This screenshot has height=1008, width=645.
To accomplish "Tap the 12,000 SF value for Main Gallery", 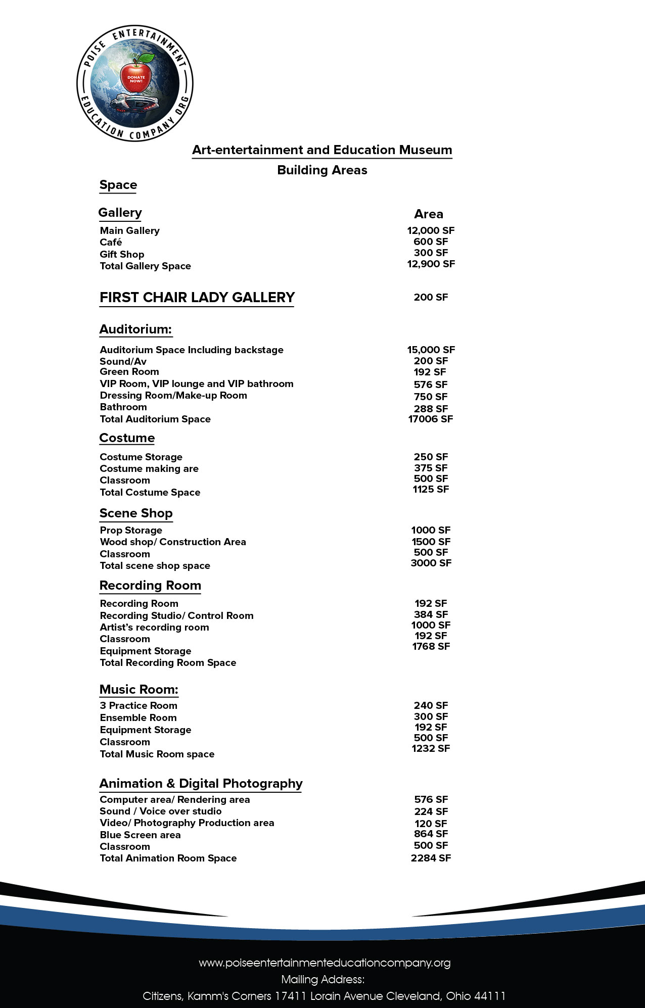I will point(431,230).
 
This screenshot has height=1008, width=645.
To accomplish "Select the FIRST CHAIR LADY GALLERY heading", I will point(197,298).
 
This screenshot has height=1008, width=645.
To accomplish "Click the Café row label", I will point(111,243).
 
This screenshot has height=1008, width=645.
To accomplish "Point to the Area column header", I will point(429,214).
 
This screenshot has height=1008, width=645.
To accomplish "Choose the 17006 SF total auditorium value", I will point(431,419).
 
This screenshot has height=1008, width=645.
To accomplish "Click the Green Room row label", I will point(129,372).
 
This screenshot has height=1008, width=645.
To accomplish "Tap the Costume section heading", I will point(127,438).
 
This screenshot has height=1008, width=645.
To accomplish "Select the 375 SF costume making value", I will point(431,468).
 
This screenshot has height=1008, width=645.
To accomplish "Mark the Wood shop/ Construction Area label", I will point(173,542).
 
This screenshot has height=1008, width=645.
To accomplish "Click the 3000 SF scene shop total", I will point(431,563).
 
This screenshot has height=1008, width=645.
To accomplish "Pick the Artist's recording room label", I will point(154,628).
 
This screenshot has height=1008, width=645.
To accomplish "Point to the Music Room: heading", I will point(139,690).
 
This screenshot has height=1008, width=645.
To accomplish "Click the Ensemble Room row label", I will point(138,718).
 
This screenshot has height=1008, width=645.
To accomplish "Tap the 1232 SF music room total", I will point(431,748).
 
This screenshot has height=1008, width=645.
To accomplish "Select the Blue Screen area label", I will point(140,835).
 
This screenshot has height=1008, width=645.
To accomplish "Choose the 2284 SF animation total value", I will point(431,858).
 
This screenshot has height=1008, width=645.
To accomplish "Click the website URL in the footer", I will point(325,963).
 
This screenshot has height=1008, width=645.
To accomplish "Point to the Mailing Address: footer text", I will point(322,980).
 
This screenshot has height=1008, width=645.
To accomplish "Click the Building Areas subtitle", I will point(322,170).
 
